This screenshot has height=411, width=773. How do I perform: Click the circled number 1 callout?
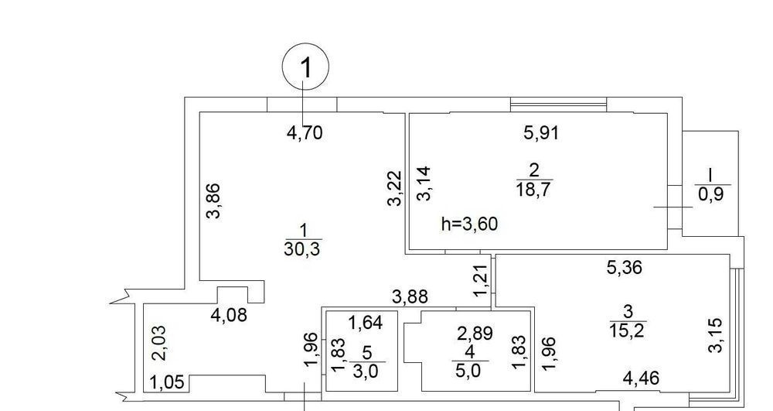[x=305, y=66]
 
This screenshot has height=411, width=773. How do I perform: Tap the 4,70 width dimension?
[x=305, y=132]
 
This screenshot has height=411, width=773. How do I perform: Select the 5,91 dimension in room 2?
[x=541, y=132]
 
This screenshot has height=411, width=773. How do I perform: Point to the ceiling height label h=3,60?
[x=470, y=224]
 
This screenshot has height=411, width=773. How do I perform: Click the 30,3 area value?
[x=302, y=249]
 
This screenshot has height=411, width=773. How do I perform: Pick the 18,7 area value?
[x=533, y=189]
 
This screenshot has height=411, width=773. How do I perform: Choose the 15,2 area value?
[x=628, y=330]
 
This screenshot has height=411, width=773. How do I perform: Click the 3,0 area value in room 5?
[x=366, y=371]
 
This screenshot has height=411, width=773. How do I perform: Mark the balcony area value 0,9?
[x=710, y=194]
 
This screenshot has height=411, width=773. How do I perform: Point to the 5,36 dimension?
[x=625, y=268]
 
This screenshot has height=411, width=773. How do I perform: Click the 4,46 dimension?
[x=640, y=378]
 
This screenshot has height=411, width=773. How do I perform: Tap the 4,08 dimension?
[x=228, y=314]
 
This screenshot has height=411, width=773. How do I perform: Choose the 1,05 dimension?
[x=167, y=382]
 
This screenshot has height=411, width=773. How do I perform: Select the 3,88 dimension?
[x=410, y=297]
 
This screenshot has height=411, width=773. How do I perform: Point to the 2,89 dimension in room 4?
[x=475, y=333]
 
